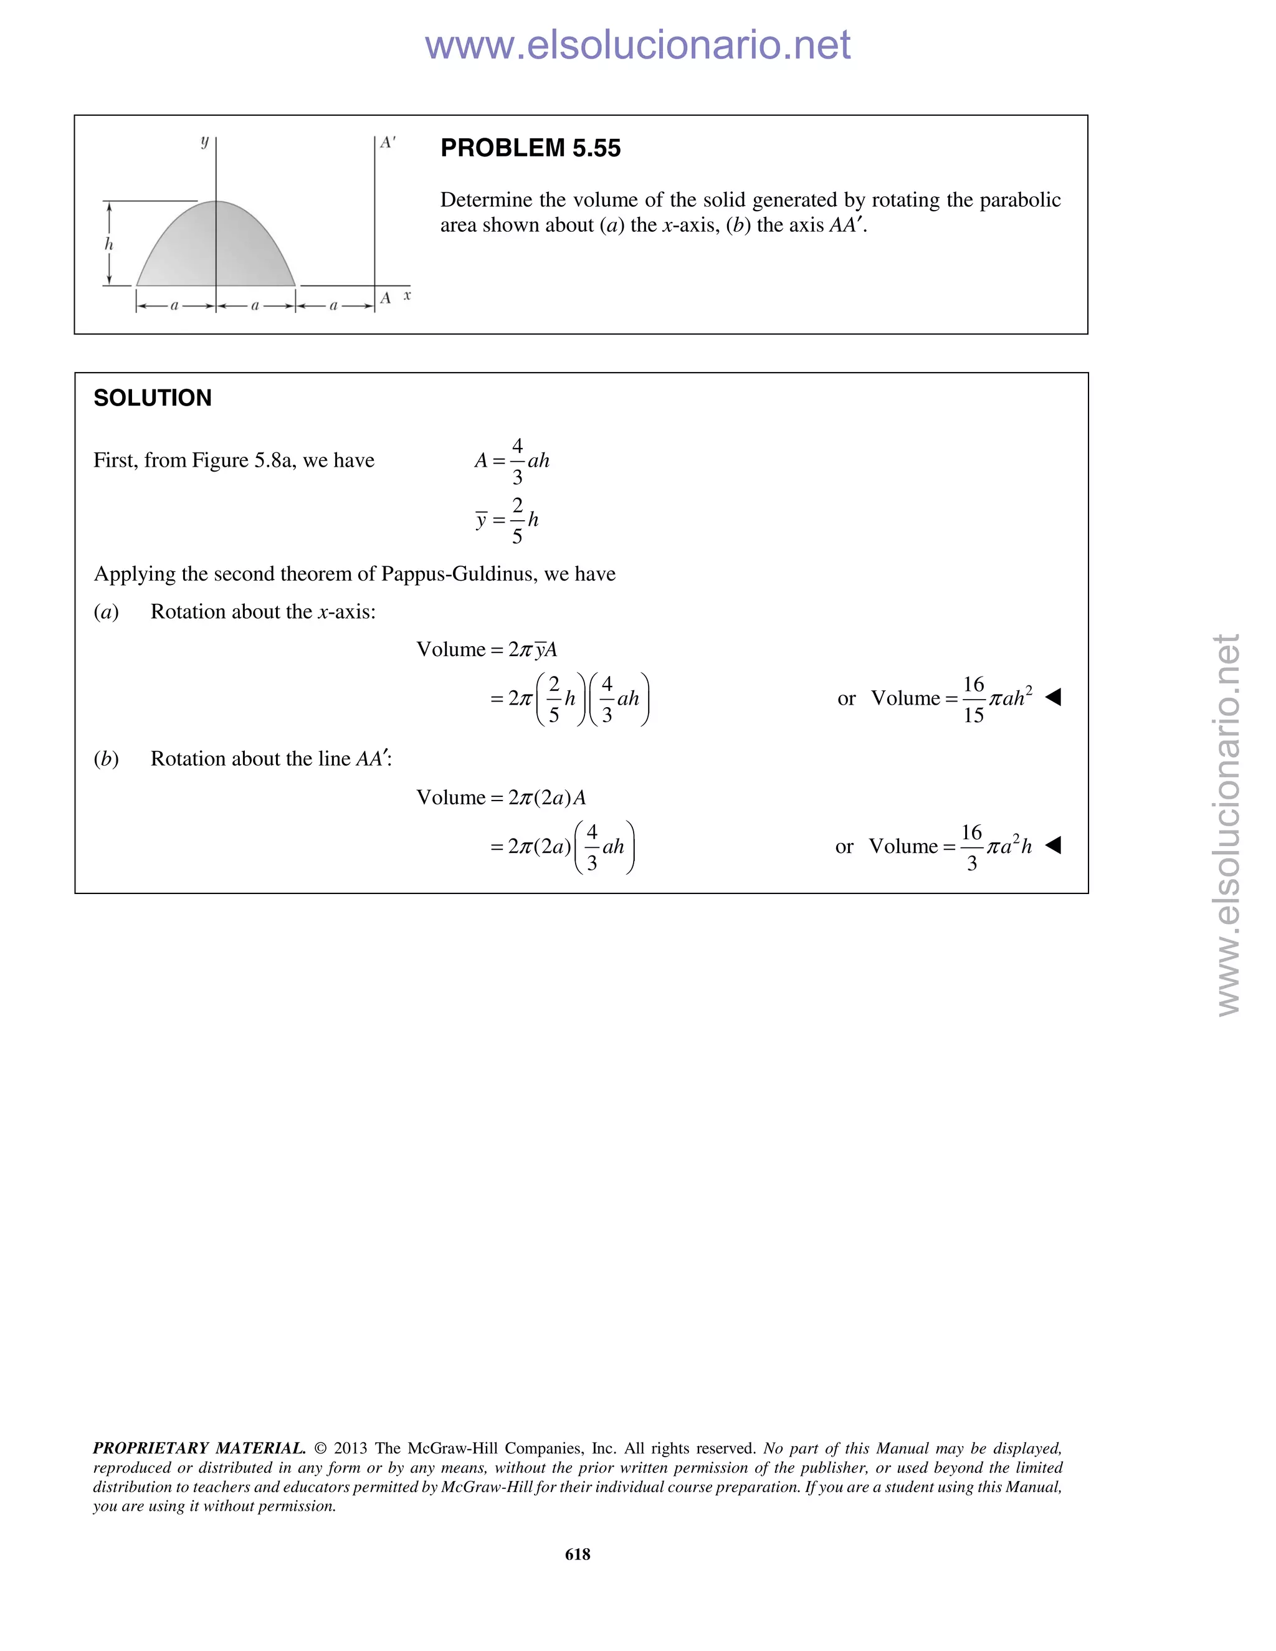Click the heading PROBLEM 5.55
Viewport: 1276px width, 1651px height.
coord(530,148)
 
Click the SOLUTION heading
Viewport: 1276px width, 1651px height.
coord(152,397)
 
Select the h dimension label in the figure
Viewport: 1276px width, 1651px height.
coord(109,244)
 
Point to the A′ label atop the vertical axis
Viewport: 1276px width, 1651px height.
coord(388,142)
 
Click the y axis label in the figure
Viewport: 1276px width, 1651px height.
coord(204,141)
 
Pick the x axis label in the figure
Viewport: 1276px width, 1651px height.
coord(407,295)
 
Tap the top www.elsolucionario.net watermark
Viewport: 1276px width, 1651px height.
coord(637,45)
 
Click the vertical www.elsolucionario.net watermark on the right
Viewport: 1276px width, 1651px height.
coord(1229,824)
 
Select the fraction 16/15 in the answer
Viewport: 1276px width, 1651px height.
coord(973,699)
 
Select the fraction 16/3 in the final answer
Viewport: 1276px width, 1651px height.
coord(971,847)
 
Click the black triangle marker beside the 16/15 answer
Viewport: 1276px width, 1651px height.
coord(1053,697)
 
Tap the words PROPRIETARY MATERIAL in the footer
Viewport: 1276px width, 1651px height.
coord(199,1448)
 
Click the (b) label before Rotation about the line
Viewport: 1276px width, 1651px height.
coord(107,758)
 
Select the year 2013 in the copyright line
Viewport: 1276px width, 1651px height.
coord(350,1448)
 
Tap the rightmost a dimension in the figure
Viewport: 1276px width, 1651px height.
coord(333,306)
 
